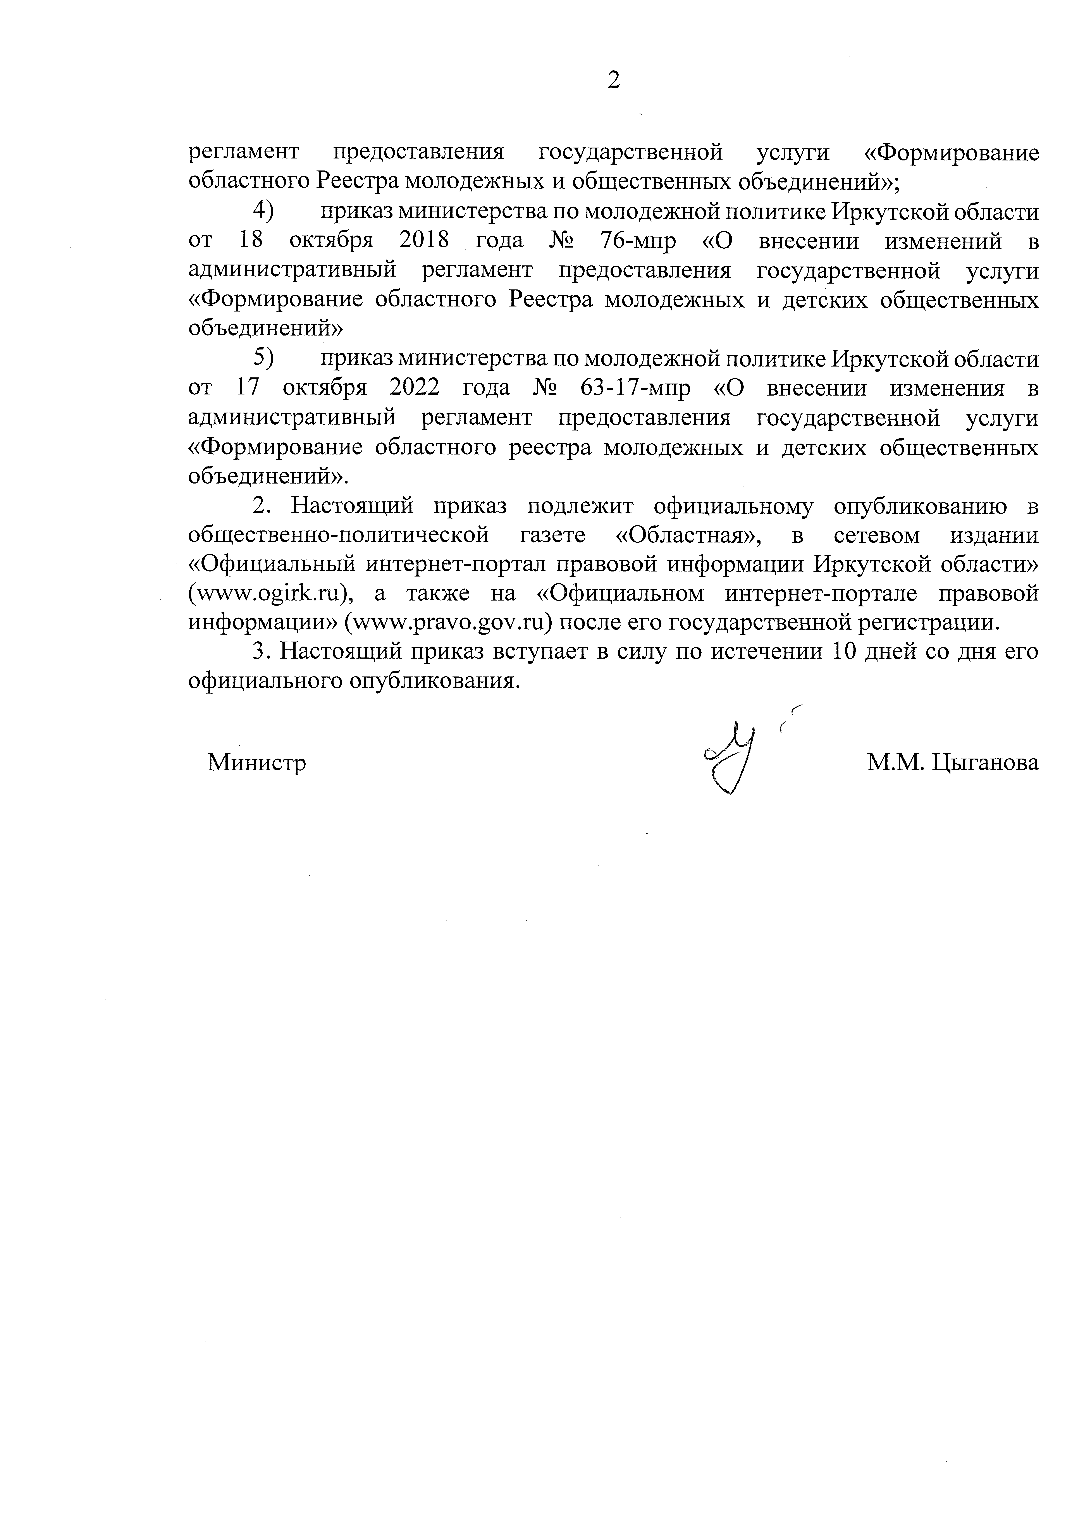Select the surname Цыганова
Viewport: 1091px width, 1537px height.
click(x=986, y=762)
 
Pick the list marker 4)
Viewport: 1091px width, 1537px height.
click(x=263, y=212)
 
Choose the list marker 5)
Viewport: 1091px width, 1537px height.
click(x=263, y=359)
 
